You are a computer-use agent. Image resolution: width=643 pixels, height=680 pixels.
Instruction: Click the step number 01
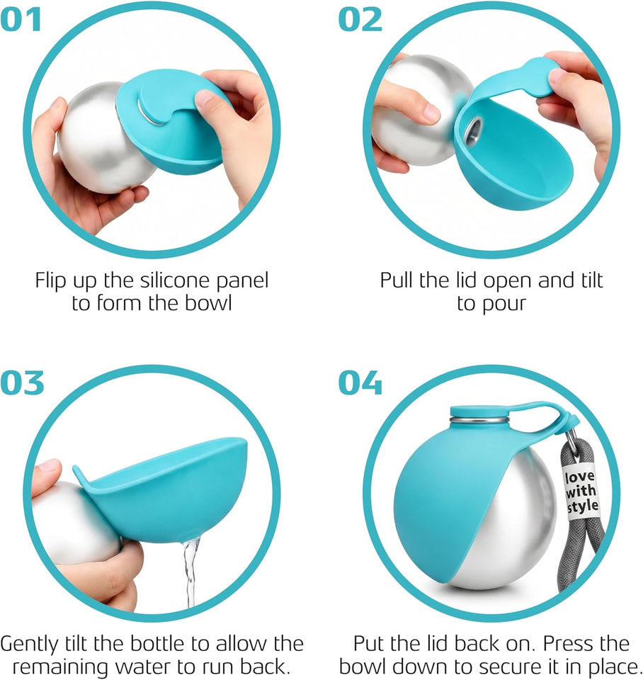[21, 20]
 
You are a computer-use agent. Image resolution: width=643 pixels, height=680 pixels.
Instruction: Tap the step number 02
[360, 20]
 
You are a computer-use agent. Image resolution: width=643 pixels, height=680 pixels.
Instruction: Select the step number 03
[22, 382]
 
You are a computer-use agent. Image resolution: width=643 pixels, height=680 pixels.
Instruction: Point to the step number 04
[360, 382]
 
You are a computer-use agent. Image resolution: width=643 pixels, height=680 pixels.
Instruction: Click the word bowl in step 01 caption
[209, 302]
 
